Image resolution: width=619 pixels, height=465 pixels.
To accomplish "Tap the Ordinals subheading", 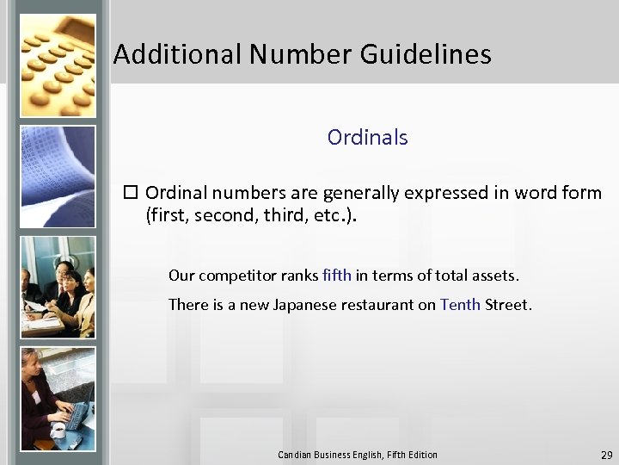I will click(x=367, y=137).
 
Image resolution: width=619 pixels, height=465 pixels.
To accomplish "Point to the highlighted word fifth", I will click(x=337, y=276).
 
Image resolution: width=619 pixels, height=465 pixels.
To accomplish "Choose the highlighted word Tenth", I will click(x=460, y=304).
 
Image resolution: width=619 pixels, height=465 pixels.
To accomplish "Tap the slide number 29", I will click(x=606, y=455).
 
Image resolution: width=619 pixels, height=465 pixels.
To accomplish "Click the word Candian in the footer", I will click(x=296, y=455).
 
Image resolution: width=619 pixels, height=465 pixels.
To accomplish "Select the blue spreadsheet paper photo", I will click(x=58, y=176).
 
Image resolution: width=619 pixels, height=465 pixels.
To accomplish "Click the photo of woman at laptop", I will click(x=58, y=398).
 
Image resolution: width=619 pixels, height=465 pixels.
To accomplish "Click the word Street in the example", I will click(x=507, y=304).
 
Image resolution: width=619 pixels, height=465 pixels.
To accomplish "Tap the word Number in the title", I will click(x=301, y=55).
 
